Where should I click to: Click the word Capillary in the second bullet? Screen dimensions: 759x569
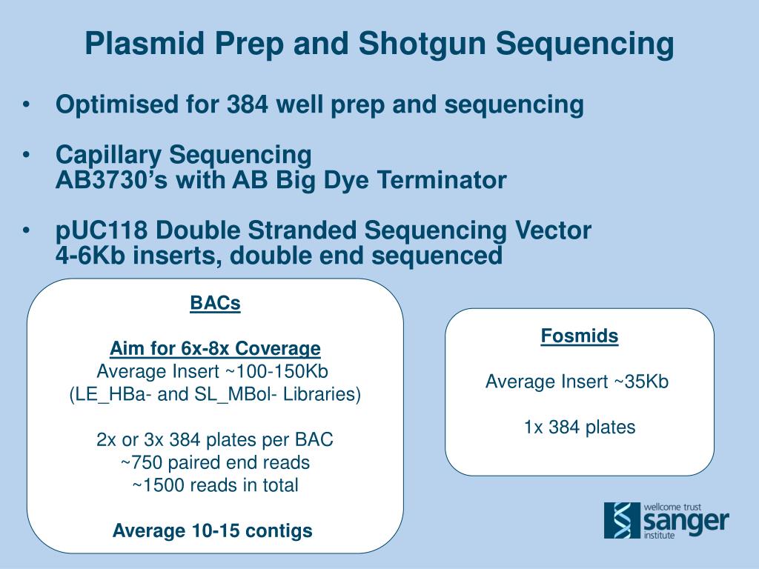(x=108, y=156)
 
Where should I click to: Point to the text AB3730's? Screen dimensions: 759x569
(x=112, y=180)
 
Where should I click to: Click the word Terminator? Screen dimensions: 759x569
(x=442, y=180)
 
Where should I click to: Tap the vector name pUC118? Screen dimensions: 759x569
(x=101, y=230)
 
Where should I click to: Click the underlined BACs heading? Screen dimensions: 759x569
(x=215, y=303)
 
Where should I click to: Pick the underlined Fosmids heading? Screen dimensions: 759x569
(x=580, y=336)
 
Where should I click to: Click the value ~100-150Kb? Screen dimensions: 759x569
(x=276, y=371)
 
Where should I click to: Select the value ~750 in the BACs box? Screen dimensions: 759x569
(x=142, y=462)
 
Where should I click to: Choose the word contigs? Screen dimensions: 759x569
(x=279, y=530)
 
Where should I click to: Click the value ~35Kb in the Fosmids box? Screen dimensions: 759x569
(x=641, y=382)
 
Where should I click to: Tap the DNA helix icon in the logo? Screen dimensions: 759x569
(x=622, y=520)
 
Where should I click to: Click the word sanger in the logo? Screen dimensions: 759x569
(x=686, y=522)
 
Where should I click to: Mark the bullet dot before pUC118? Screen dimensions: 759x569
(x=26, y=230)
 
